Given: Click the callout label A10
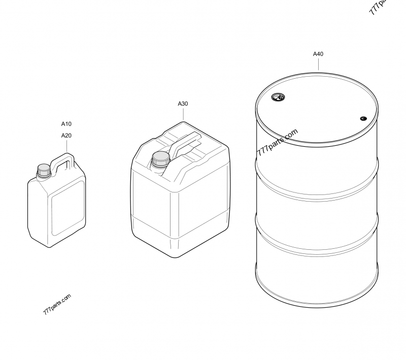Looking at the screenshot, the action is tap(66, 124).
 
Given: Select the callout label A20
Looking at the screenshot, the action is tap(66, 136).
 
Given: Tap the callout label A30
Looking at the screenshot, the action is tap(183, 104).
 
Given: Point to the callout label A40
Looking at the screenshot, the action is tap(318, 54).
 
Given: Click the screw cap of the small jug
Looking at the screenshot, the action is tap(44, 171).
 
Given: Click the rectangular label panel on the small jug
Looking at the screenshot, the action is tap(68, 208).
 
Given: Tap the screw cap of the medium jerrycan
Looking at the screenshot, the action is tap(160, 159).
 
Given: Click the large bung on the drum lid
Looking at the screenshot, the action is tap(278, 97).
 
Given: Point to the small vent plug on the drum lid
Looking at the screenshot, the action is tap(363, 119).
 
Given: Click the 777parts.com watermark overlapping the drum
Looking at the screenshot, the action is tap(277, 142).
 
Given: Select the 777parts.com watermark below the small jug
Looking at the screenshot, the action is tap(57, 304).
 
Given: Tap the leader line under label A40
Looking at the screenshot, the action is tap(319, 64).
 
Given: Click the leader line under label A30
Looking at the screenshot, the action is tap(183, 114).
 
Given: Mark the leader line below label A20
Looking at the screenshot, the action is tap(66, 146).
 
